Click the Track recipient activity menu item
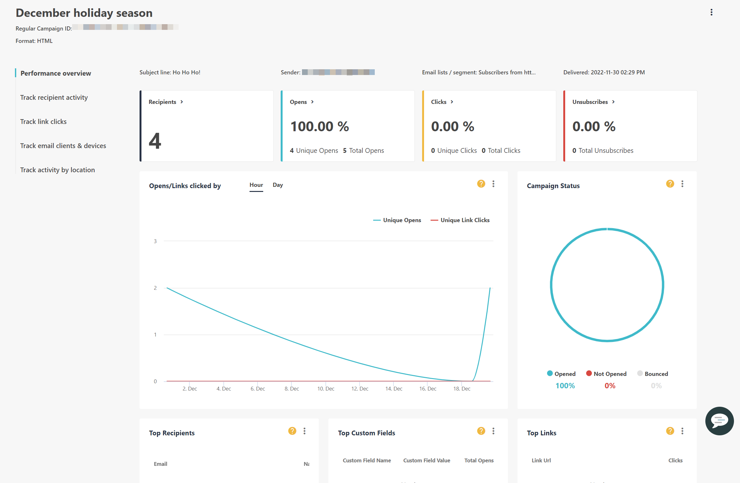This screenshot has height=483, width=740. point(54,98)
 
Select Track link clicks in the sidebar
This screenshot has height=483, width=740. point(43,122)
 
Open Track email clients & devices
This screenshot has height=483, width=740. point(63,146)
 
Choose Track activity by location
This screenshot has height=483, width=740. point(57,170)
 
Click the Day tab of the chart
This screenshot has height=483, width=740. point(277,185)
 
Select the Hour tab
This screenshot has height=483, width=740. point(256,185)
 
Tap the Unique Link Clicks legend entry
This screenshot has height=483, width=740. point(464,220)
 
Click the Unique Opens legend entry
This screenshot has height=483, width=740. point(401,220)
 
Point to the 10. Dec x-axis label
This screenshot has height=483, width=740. point(325,389)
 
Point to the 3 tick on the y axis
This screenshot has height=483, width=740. point(155,241)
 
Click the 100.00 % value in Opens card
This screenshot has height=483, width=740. point(319,126)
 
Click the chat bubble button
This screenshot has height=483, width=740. point(719,421)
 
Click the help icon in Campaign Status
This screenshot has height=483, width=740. point(670,184)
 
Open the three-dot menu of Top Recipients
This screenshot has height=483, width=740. point(304,431)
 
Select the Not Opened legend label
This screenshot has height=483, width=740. point(609,374)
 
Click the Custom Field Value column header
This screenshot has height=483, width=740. point(426,460)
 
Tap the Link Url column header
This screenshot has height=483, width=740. point(541,460)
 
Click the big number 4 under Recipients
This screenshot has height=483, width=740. point(155,141)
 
